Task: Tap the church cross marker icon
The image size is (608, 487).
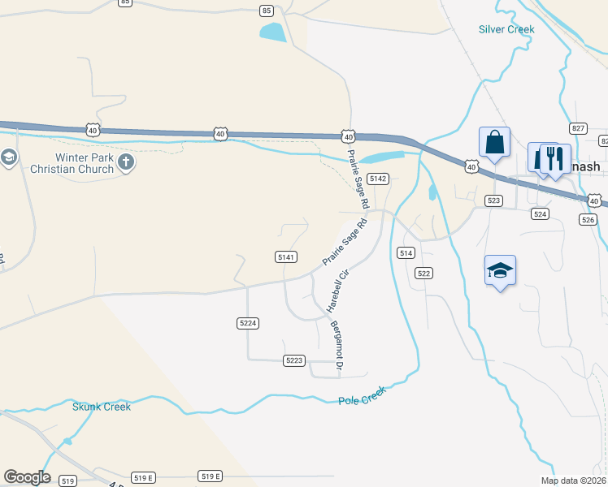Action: pos(125,162)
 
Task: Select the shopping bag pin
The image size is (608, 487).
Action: pos(494,144)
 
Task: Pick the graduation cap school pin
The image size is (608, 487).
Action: pos(500,271)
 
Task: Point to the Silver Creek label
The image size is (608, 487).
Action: pos(506,29)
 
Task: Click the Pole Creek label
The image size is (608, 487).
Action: pos(361,397)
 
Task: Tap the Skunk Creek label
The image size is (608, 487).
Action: pos(102,407)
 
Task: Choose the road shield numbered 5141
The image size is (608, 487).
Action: pos(284,256)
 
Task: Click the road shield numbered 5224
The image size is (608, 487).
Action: pos(248,323)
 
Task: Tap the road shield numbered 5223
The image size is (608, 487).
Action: pos(294,360)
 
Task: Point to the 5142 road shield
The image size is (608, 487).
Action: pos(377,179)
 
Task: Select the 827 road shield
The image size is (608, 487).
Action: pos(578,128)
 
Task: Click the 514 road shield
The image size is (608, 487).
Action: pos(406,253)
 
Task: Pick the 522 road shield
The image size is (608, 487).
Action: pos(423,274)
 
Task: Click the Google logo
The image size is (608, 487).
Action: pos(26,477)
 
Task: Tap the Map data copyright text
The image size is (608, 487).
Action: pos(574,481)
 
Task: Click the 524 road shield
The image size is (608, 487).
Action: pos(540,213)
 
